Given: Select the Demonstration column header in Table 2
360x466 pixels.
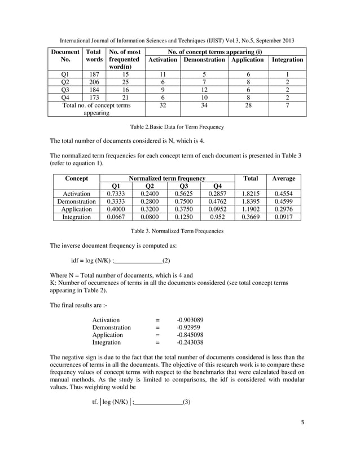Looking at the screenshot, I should click(204, 59).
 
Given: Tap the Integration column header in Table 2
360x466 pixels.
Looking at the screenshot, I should click(287, 59).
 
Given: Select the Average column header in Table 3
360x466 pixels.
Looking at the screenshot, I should click(283, 178).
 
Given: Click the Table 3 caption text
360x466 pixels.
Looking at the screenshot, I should click(177, 231).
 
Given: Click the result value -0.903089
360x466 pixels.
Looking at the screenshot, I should click(190, 320).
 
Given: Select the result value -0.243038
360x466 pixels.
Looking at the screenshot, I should click(190, 342).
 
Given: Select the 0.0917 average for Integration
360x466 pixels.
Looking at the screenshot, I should click(283, 216).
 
